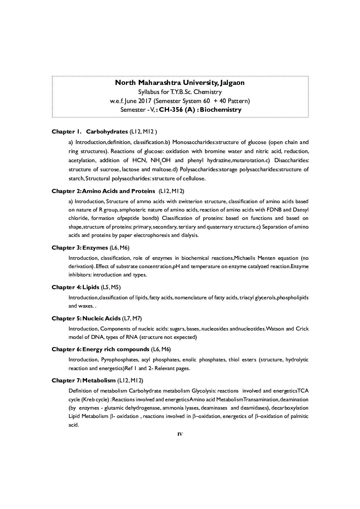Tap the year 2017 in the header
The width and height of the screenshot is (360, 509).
143,101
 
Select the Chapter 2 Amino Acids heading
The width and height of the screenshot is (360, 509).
103,191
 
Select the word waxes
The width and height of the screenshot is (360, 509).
86,306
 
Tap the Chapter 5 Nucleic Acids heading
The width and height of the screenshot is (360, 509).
86,319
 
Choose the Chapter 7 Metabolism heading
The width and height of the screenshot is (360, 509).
83,381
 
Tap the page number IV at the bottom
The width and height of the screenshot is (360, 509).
180,434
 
